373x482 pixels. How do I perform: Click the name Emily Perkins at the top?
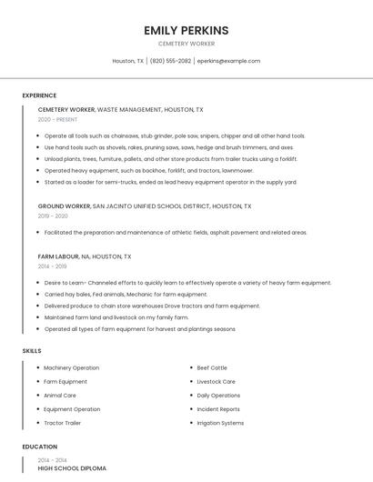(x=186, y=31)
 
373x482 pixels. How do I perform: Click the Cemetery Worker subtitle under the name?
(x=186, y=44)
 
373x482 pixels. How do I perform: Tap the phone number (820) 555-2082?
(x=170, y=61)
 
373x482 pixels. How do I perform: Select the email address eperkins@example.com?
(x=228, y=61)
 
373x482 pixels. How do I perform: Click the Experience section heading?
(x=39, y=95)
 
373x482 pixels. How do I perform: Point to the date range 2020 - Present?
(x=57, y=119)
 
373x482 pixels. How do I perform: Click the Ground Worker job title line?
(x=144, y=206)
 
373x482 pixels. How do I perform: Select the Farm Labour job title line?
(x=85, y=256)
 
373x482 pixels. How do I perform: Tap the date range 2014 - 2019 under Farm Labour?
(x=52, y=266)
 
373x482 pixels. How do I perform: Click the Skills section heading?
(x=31, y=350)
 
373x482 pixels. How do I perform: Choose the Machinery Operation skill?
(x=71, y=367)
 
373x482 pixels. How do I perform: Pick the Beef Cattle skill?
(x=212, y=367)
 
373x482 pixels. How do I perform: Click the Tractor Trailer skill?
(x=62, y=423)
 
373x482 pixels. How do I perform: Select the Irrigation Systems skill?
(x=220, y=423)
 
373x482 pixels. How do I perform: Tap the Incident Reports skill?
(x=218, y=409)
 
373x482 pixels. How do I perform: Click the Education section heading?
(x=39, y=447)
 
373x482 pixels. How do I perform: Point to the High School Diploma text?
(x=72, y=468)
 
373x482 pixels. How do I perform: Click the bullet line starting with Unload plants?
(x=170, y=158)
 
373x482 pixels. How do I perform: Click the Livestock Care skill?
(x=216, y=381)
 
